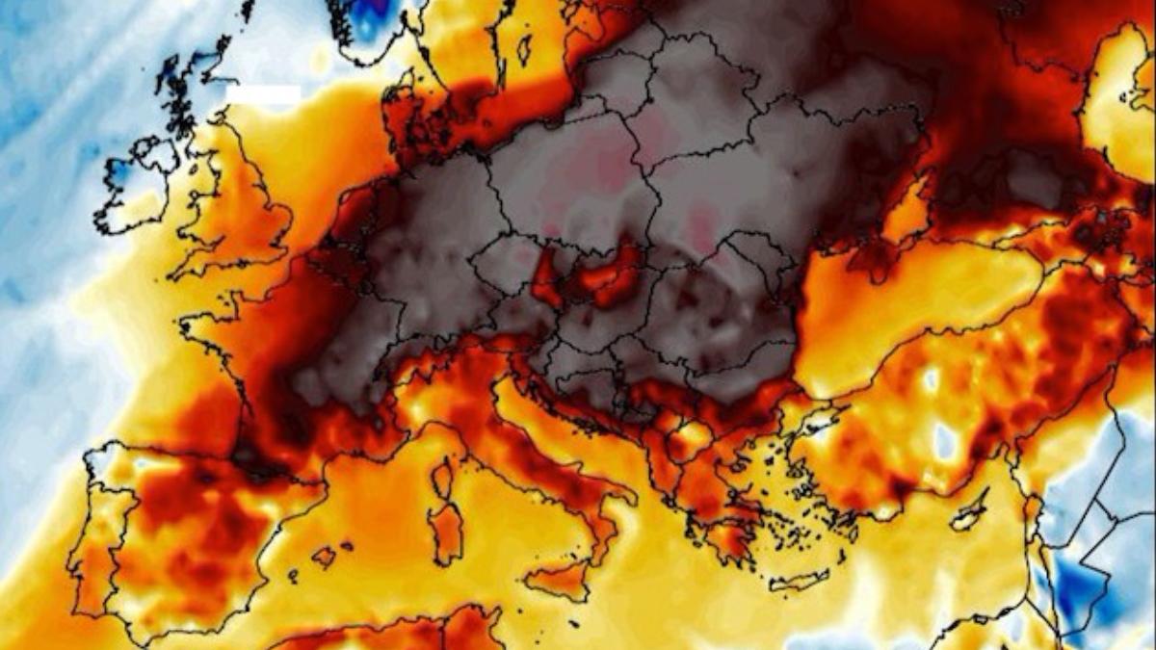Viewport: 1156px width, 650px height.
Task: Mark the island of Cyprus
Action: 967,515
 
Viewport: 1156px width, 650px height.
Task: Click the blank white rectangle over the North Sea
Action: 264,94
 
